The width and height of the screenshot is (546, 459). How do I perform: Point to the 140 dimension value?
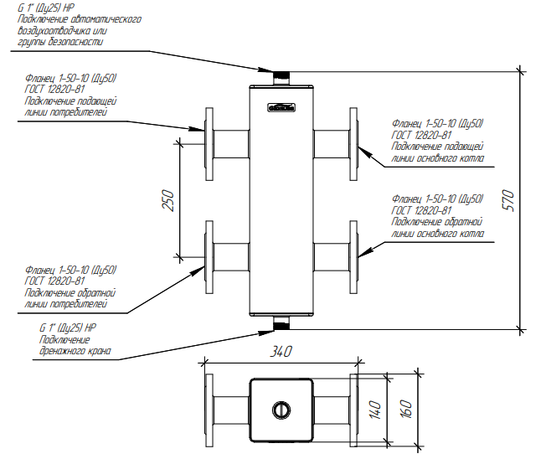375,410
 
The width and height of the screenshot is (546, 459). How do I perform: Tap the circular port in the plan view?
280,410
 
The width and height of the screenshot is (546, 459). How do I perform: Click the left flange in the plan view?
209,410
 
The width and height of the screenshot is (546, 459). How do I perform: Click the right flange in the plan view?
353,410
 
